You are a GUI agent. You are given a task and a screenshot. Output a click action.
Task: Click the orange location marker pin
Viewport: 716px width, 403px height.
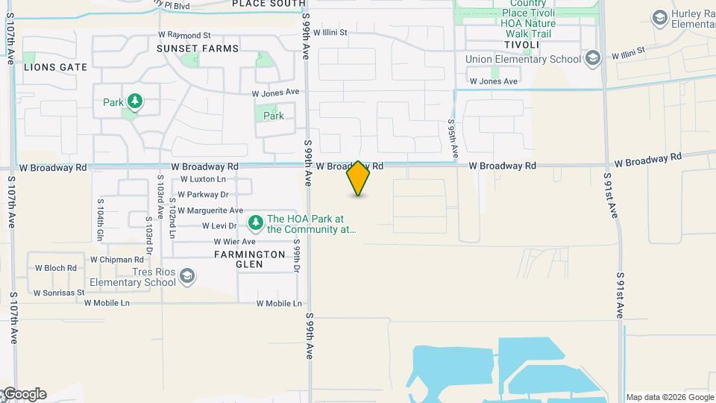(358, 178)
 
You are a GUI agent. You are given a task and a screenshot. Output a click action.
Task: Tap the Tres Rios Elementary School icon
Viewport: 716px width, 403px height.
(187, 278)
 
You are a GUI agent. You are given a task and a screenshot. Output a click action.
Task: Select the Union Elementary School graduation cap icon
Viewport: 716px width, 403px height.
(593, 59)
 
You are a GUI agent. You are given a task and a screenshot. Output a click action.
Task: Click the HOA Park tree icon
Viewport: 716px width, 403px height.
(256, 222)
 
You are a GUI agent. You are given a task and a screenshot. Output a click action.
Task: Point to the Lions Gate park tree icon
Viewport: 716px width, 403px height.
(134, 101)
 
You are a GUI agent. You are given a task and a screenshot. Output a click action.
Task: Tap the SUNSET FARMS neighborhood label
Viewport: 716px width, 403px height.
(198, 49)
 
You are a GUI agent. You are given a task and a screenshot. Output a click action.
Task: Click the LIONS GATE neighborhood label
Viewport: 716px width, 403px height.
(56, 67)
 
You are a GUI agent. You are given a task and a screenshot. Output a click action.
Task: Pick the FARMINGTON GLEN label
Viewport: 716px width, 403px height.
(250, 259)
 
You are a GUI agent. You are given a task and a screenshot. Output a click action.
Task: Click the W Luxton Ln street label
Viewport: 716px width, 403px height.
(203, 180)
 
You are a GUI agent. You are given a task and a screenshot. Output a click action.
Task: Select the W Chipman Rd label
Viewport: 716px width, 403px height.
(116, 260)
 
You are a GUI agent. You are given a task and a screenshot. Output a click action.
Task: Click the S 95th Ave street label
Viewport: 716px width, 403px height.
(452, 138)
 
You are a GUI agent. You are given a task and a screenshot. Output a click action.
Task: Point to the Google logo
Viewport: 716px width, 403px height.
(24, 394)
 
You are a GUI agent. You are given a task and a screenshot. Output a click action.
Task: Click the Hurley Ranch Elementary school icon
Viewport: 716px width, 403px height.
(659, 17)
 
